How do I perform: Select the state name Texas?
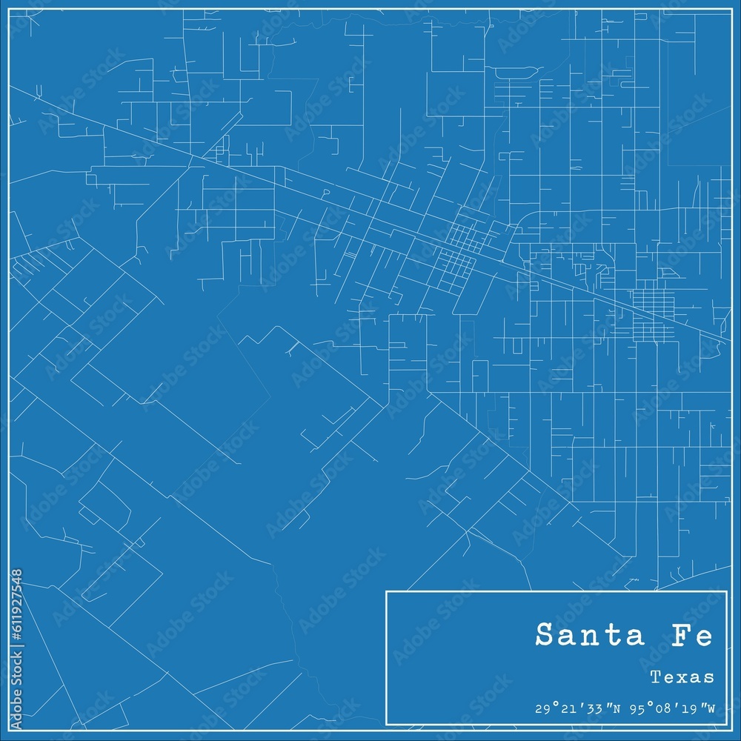tap(682, 677)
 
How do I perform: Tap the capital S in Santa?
tap(544, 635)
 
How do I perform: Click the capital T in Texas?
tap(655, 677)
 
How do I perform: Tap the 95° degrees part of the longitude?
tap(639, 708)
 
